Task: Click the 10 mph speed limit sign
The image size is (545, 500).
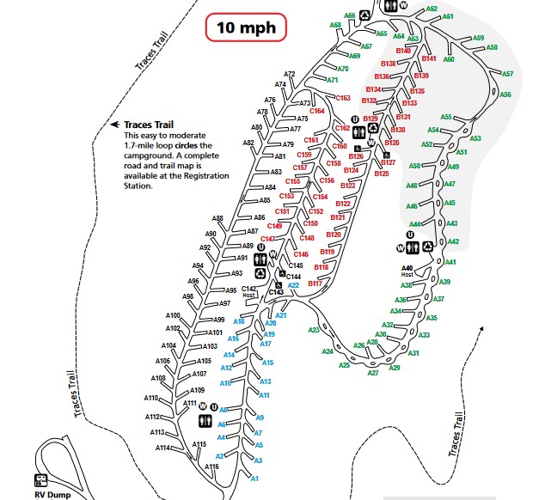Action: tap(246, 27)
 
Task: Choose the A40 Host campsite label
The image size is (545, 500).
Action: tap(407, 271)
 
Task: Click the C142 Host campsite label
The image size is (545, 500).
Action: tap(249, 291)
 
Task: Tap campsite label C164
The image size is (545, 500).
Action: tap(316, 112)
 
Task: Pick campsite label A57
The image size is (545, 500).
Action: tap(507, 75)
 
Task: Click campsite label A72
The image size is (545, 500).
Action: tap(290, 74)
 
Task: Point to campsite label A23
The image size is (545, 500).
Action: tap(314, 330)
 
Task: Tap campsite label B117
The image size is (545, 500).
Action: tap(315, 284)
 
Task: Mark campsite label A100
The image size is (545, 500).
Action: tap(172, 315)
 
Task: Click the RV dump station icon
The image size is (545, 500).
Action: tap(40, 480)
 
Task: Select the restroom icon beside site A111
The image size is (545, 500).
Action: tap(205, 420)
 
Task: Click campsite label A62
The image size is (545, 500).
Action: tap(432, 9)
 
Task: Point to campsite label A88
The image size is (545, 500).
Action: tap(217, 218)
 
